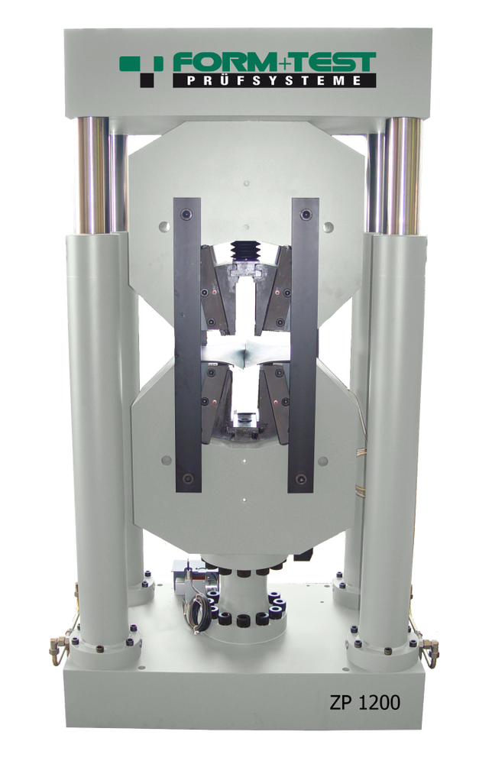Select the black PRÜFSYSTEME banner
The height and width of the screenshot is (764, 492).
[274, 80]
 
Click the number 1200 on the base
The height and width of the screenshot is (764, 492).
[380, 702]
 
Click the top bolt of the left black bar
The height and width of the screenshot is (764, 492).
[186, 215]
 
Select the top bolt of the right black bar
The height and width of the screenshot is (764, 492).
[306, 214]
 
